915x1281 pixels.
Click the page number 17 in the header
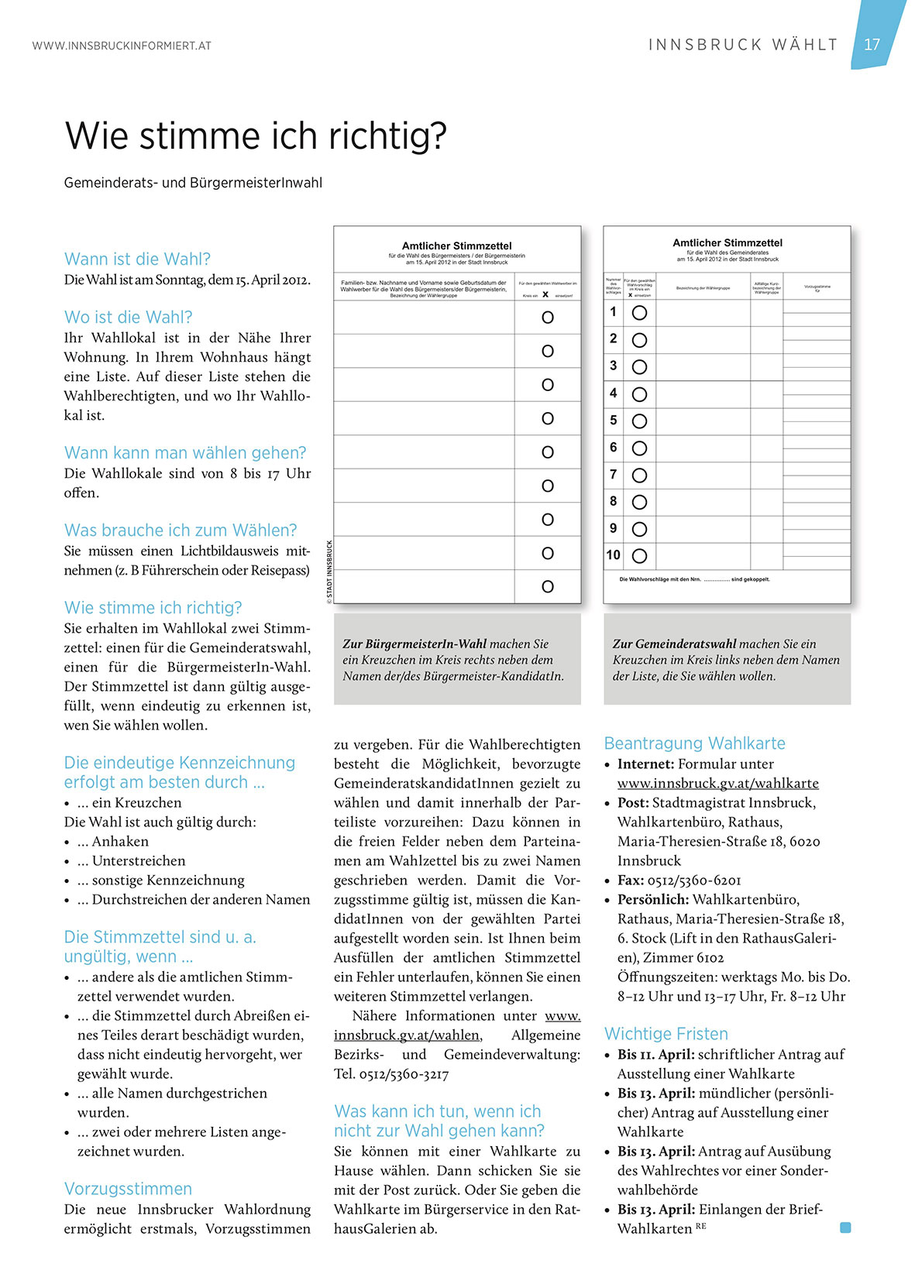tap(872, 44)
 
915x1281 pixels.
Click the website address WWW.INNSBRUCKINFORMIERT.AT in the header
tap(122, 46)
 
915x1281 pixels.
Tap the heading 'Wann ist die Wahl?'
tap(137, 259)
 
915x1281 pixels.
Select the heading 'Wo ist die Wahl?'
tap(128, 317)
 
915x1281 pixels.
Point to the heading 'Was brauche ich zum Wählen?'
tap(181, 530)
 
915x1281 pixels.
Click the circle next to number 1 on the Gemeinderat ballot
tap(639, 313)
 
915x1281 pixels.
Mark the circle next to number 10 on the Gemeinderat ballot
tap(639, 555)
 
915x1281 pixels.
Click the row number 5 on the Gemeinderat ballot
tap(614, 421)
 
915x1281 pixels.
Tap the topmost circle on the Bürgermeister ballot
tap(548, 318)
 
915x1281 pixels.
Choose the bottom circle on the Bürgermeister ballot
tap(548, 587)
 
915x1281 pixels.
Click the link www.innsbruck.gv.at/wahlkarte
tap(717, 783)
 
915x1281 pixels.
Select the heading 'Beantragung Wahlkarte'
tap(694, 744)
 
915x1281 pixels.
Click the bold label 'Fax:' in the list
tap(631, 880)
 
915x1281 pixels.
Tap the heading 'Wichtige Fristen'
tap(666, 1033)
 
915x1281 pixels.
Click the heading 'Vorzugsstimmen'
tap(128, 1188)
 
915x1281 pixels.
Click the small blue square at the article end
tap(845, 1227)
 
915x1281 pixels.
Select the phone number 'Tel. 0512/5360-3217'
tap(391, 1073)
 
